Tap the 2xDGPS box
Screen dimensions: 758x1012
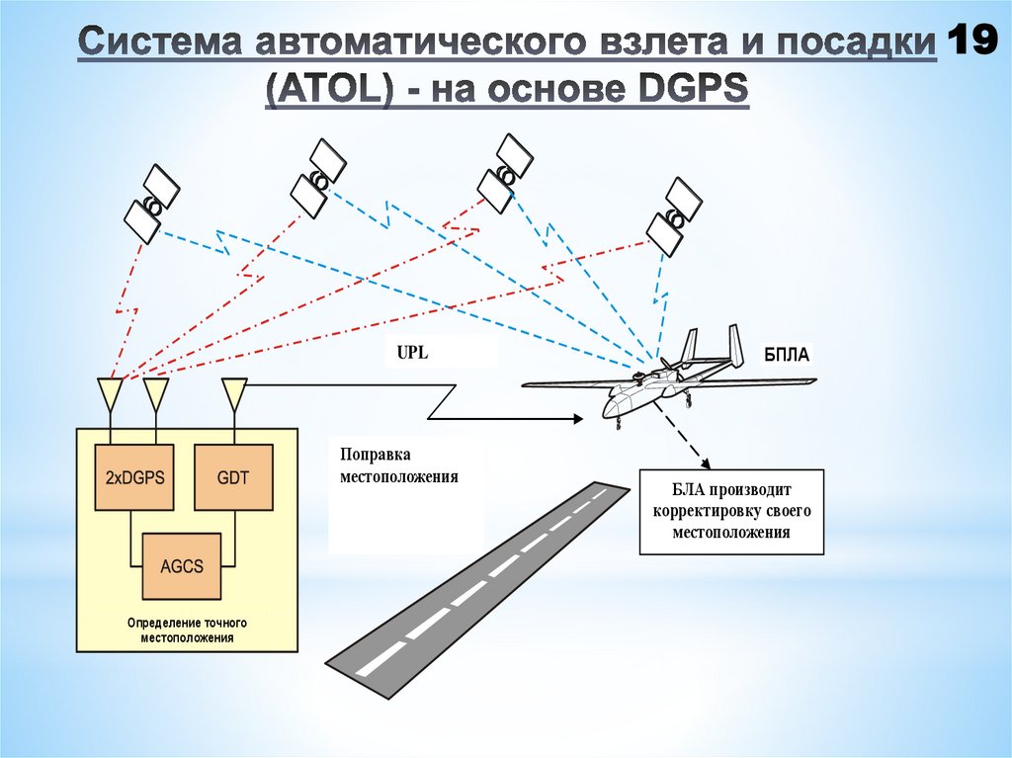134,477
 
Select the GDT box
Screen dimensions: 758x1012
232,477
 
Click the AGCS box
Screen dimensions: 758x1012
181,566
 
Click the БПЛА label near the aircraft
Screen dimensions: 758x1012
787,355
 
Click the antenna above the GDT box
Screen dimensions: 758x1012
234,393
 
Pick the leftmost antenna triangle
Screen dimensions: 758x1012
110,393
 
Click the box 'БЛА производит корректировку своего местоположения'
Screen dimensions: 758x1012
730,510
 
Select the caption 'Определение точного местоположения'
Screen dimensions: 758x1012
187,631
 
